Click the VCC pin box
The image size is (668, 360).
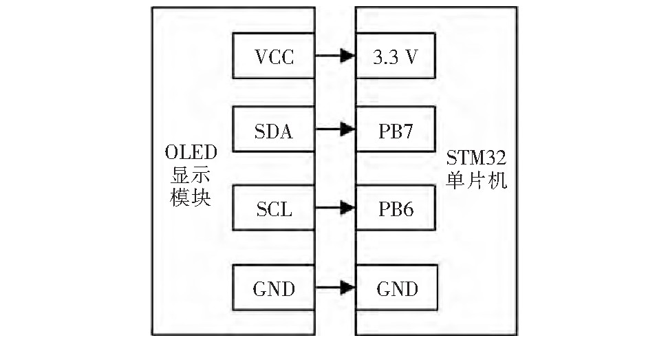pyautogui.click(x=274, y=56)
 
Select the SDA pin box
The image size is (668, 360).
pyautogui.click(x=274, y=129)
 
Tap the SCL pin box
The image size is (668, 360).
pyautogui.click(x=274, y=207)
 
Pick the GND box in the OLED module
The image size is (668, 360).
pyautogui.click(x=274, y=286)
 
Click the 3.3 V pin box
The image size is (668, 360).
pyautogui.click(x=396, y=56)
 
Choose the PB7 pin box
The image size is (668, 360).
pyautogui.click(x=396, y=129)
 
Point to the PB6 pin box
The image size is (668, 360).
pyautogui.click(x=396, y=207)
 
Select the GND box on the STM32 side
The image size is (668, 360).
pyautogui.click(x=396, y=286)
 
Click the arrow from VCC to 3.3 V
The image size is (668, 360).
pyautogui.click(x=335, y=56)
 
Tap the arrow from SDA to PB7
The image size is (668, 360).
pyautogui.click(x=335, y=129)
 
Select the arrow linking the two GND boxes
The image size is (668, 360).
pyautogui.click(x=335, y=286)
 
